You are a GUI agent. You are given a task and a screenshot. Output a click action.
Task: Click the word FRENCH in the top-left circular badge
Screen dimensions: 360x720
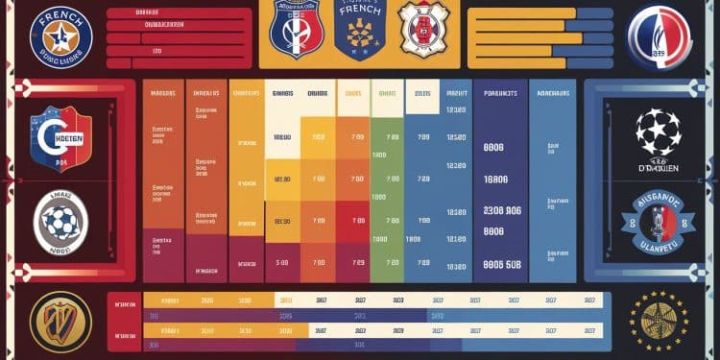click(60, 17)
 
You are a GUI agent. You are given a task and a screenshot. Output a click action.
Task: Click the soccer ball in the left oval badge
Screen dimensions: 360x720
click(61, 222)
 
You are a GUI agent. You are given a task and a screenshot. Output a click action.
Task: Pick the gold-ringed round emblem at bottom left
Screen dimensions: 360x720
click(60, 320)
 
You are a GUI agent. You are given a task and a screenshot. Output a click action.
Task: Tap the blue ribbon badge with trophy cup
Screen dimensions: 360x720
click(659, 213)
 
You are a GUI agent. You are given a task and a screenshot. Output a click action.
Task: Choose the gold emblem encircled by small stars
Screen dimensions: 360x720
click(660, 320)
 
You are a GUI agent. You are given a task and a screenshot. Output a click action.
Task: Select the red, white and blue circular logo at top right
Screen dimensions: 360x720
click(659, 36)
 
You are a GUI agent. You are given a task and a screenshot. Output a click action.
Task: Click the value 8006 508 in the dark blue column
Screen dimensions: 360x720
click(501, 265)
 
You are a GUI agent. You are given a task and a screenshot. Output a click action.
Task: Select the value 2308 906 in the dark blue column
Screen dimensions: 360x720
click(501, 211)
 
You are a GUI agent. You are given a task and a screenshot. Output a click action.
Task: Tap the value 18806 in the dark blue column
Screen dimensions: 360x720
click(496, 180)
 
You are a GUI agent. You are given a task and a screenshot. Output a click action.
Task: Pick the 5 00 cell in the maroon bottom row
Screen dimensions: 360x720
click(282, 261)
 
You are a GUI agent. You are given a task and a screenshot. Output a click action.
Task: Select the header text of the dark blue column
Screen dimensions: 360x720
click(500, 94)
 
